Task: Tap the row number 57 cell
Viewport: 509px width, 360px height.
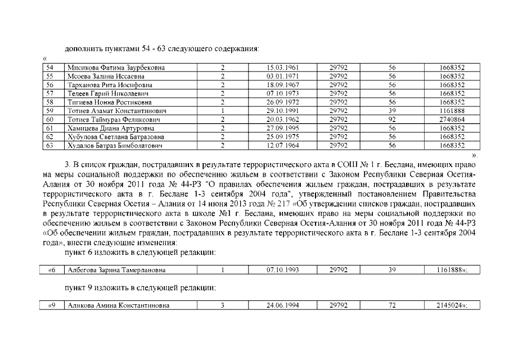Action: [x=49, y=93]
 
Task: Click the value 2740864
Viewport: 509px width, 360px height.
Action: [x=452, y=120]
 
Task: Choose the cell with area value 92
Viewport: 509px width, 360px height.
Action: [x=393, y=120]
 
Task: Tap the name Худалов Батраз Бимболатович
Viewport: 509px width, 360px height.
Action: [x=115, y=146]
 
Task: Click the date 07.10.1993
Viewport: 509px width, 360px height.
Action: [x=282, y=271]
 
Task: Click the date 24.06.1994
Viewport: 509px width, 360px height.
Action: [x=282, y=305]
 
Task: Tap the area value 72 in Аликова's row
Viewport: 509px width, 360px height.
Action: [x=393, y=305]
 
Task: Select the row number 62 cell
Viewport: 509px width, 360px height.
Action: [x=49, y=137]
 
